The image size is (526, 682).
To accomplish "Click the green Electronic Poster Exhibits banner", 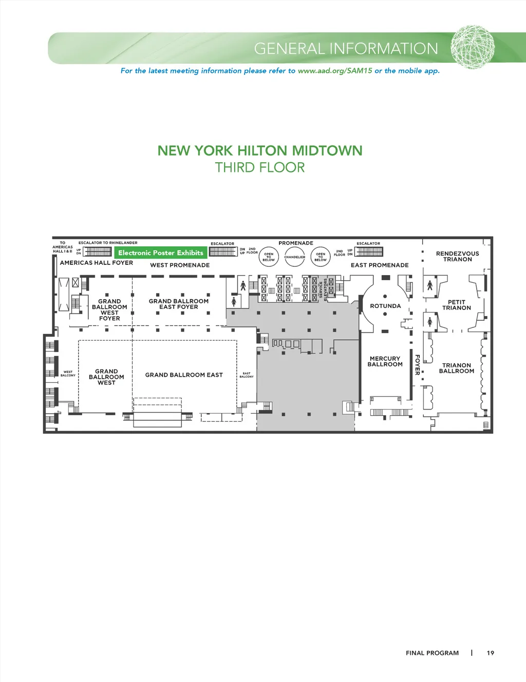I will click(161, 253).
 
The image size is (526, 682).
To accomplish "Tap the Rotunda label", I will click(385, 306).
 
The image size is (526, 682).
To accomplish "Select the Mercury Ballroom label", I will click(385, 361).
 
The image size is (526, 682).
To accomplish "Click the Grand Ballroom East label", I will click(184, 375).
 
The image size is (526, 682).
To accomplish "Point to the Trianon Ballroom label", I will click(456, 368).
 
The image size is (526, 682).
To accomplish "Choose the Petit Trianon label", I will click(456, 305).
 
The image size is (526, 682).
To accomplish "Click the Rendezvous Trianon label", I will click(457, 256).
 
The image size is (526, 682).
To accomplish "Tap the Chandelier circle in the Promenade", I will click(294, 257).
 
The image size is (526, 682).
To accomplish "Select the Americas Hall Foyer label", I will click(96, 263).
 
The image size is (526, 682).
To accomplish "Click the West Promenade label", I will click(180, 265).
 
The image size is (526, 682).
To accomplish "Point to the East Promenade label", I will click(380, 265).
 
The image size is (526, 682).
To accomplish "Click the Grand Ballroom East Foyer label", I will click(178, 304).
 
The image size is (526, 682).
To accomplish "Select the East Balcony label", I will click(247, 375).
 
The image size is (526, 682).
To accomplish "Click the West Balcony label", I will click(68, 374).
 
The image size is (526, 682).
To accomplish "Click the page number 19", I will click(490, 653).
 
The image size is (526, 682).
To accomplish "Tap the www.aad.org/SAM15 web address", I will click(335, 71).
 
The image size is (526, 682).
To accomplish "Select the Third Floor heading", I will click(259, 167).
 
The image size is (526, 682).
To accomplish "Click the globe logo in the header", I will click(473, 47).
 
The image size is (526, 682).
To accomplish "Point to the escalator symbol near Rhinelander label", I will click(98, 252).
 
